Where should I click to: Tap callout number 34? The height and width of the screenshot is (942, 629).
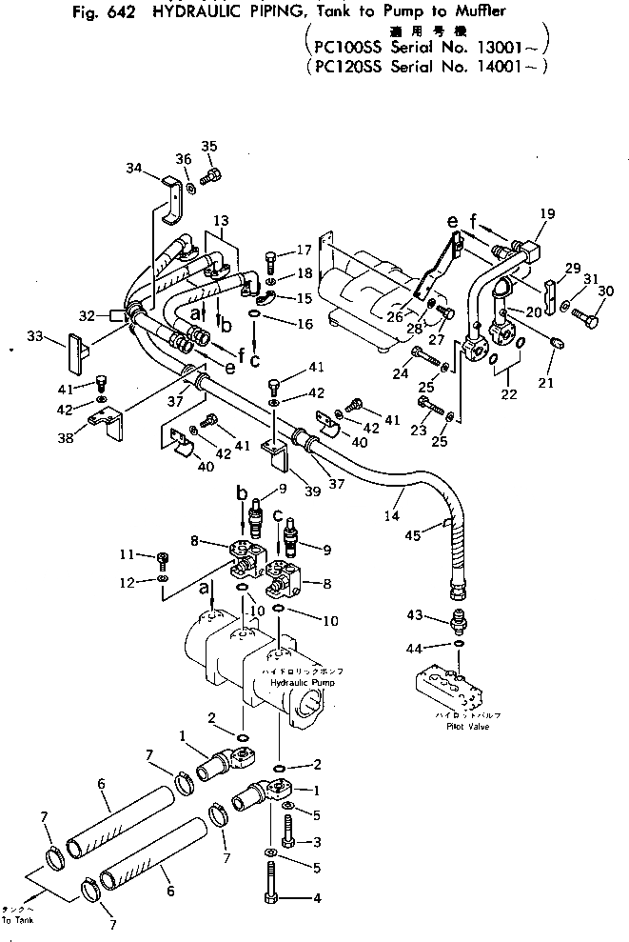pos(134,169)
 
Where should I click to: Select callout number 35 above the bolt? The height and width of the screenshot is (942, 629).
pos(208,146)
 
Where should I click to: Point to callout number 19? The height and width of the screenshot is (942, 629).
pos(546,214)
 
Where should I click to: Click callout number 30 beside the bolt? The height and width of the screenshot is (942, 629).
pos(606,291)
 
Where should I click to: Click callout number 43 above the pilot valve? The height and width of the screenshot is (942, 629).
pos(413,615)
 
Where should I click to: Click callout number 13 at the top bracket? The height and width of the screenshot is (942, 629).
pos(220,220)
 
